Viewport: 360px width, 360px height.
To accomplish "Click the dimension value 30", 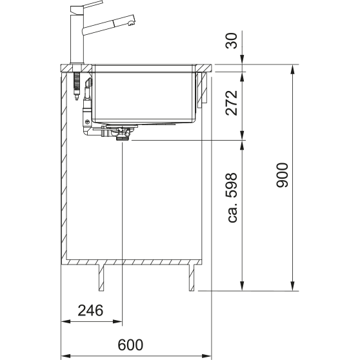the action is point(232,41).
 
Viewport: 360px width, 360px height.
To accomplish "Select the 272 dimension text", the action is point(232,103).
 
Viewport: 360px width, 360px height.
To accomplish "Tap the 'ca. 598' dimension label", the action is point(232,197).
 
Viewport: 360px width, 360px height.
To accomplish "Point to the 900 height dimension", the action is point(282,175).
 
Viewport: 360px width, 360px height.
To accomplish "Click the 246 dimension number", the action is point(90,310).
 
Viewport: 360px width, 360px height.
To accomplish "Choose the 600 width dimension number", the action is point(130,345).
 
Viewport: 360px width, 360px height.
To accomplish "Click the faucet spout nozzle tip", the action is point(131,23).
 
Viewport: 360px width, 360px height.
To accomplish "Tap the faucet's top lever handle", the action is point(93,5).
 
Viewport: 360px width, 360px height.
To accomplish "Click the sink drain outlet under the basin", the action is point(123,138).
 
